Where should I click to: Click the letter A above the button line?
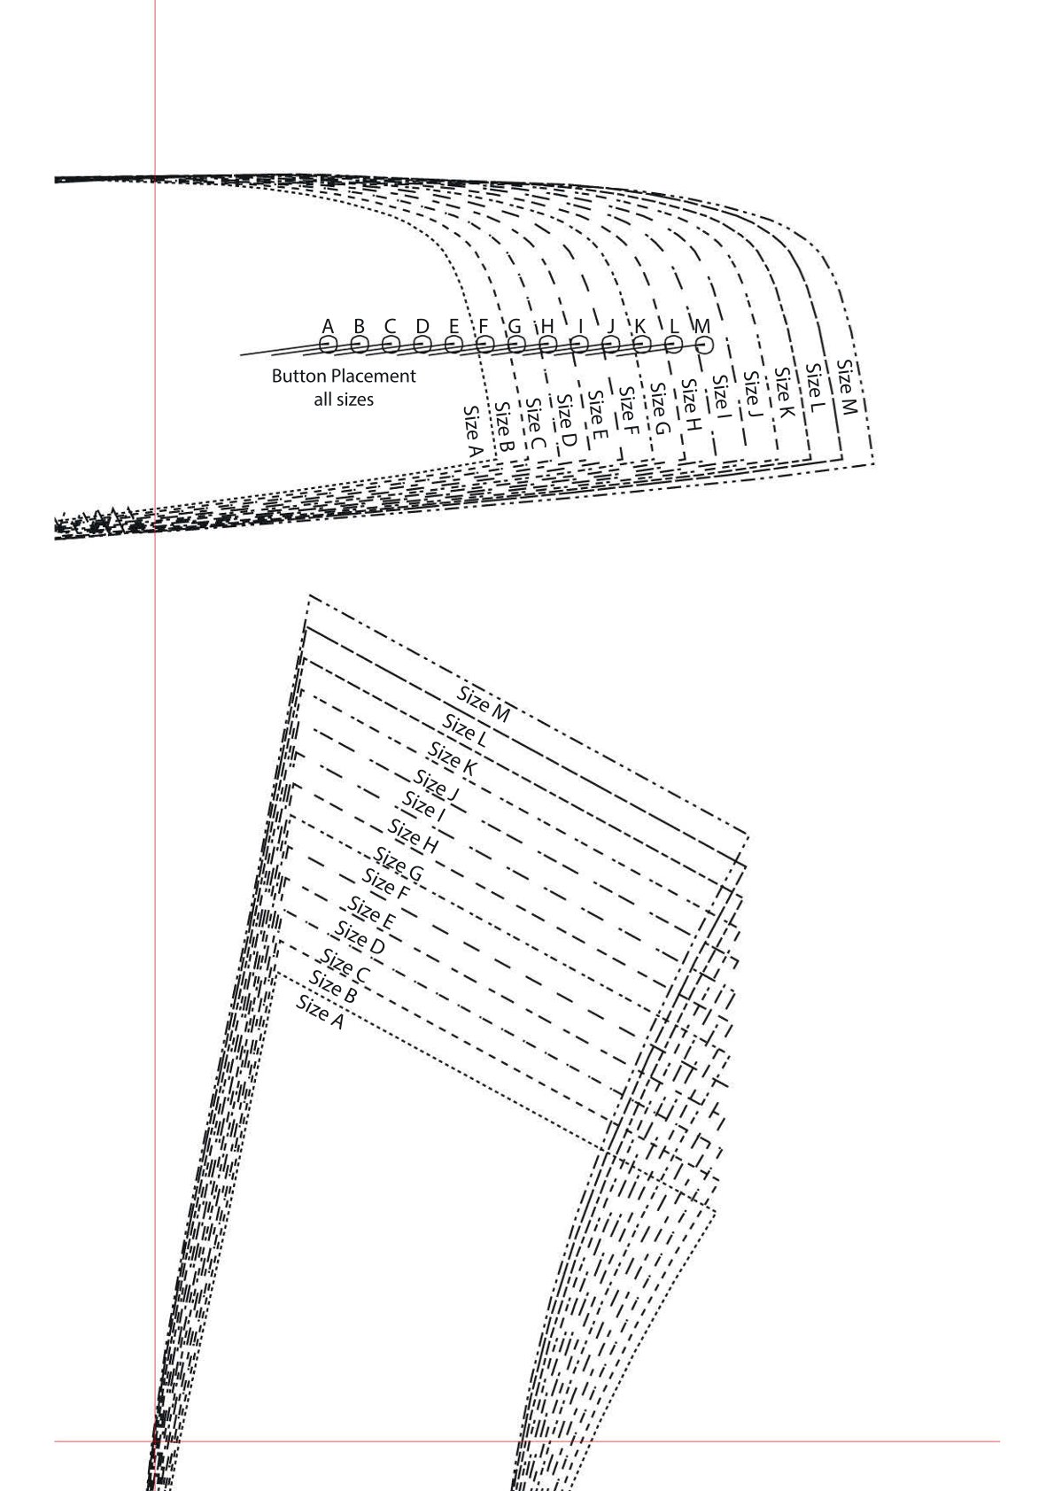click(328, 326)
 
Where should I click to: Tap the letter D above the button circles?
click(422, 326)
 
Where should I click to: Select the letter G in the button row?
click(515, 326)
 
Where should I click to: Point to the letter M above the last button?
click(702, 326)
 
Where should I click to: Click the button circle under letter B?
click(360, 345)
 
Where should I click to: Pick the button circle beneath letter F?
click(485, 345)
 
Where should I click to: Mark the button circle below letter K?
click(641, 345)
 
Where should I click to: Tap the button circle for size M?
click(704, 345)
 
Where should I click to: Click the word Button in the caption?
click(298, 377)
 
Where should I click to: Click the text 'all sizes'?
click(344, 400)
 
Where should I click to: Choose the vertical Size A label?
click(472, 430)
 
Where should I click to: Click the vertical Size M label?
click(846, 387)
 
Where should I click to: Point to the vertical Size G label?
click(659, 408)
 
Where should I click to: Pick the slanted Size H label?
click(414, 836)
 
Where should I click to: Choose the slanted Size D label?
click(360, 937)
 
